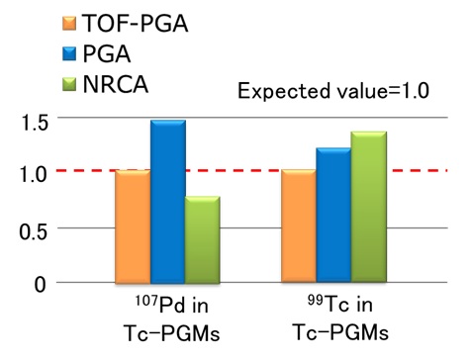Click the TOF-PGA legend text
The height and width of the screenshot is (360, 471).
[x=142, y=20]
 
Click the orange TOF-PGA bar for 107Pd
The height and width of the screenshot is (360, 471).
[x=132, y=226]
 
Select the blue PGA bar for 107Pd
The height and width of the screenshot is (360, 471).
[x=167, y=202]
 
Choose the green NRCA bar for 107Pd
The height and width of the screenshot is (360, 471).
[x=202, y=240]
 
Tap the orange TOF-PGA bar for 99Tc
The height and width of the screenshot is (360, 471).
[x=298, y=226]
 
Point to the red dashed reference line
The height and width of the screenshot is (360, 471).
[x=247, y=171]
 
